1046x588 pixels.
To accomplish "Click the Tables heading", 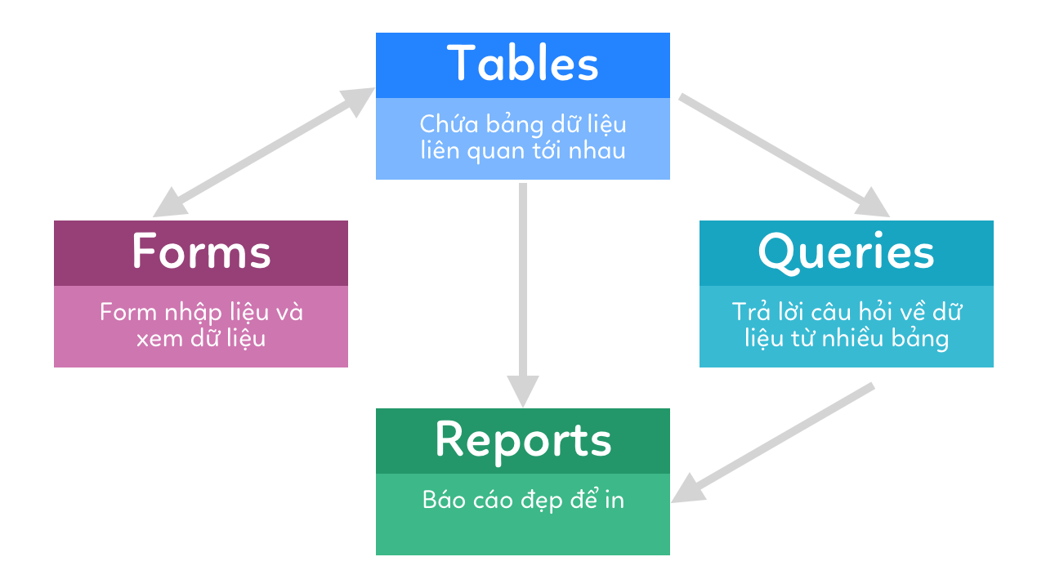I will point(523,64).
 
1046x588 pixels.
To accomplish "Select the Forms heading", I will point(201,252).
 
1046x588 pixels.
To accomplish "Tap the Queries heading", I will point(846,252).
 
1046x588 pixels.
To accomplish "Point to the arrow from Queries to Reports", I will point(776,441).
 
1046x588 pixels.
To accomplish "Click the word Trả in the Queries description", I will point(748,312).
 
